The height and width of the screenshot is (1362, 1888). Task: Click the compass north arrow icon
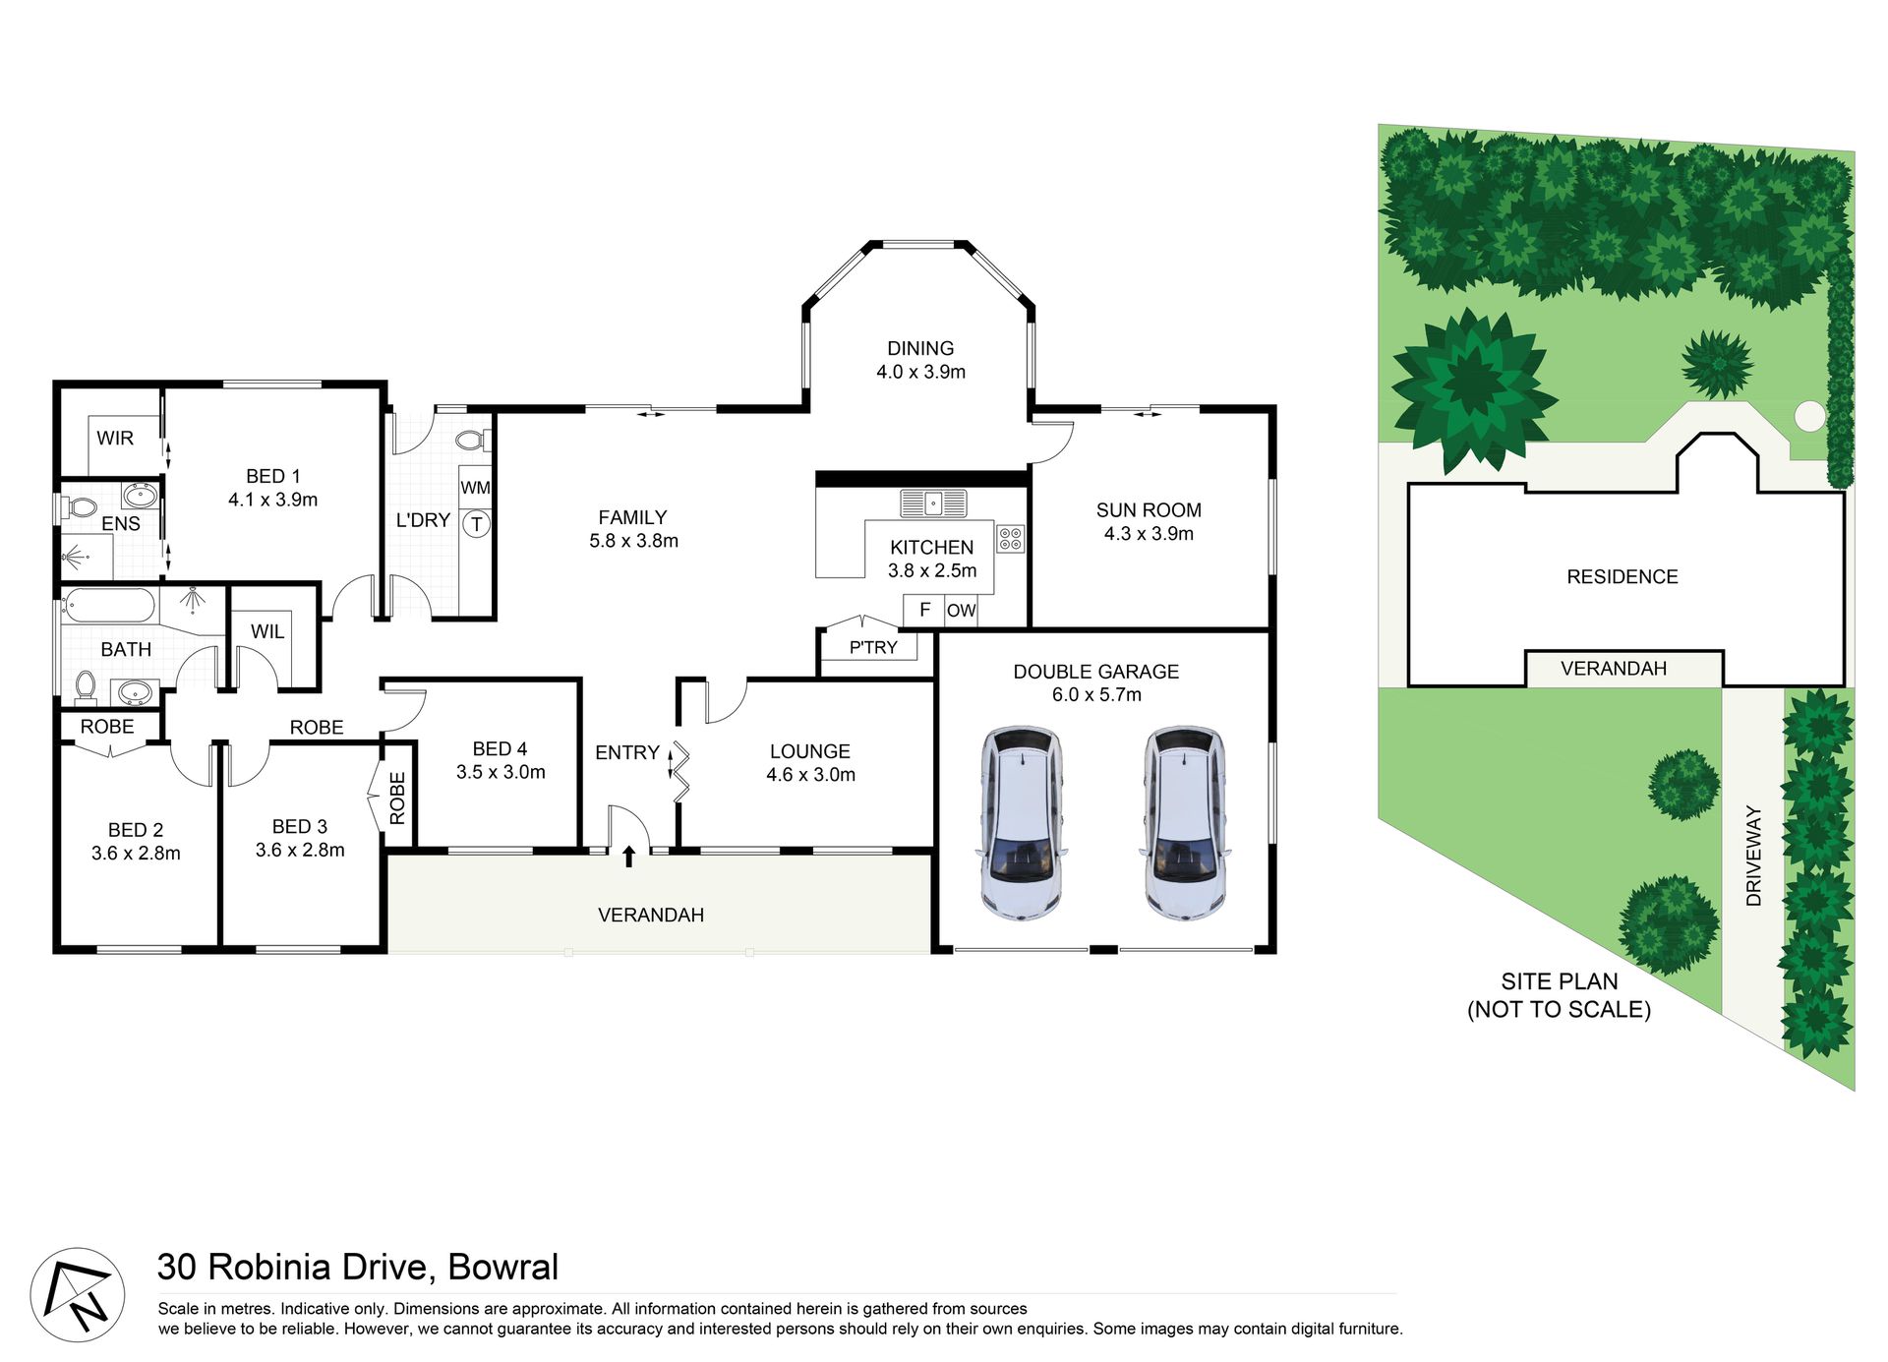click(x=78, y=1294)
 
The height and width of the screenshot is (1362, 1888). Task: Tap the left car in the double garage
click(x=1022, y=823)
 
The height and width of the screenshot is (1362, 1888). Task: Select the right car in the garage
click(x=1185, y=823)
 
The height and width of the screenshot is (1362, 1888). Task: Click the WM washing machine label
click(x=475, y=488)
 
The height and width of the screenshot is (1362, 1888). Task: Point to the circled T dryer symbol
click(x=477, y=524)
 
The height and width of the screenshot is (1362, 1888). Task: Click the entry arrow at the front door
click(x=629, y=857)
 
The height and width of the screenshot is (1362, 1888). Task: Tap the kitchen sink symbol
click(x=933, y=503)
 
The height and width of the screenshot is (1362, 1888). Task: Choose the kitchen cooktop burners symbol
click(x=1010, y=538)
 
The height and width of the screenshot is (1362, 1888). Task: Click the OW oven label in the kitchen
click(x=961, y=611)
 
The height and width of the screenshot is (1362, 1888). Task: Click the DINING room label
click(x=920, y=348)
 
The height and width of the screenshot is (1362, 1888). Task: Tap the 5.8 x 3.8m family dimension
click(x=633, y=541)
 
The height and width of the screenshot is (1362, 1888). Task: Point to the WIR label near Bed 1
click(x=115, y=439)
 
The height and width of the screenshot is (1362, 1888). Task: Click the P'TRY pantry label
click(x=873, y=648)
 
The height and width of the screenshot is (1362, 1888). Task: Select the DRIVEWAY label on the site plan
click(x=1753, y=856)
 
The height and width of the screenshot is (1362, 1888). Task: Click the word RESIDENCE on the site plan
click(x=1622, y=577)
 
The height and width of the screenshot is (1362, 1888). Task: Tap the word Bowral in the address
click(x=502, y=1267)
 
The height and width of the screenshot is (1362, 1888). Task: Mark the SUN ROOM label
click(x=1149, y=510)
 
